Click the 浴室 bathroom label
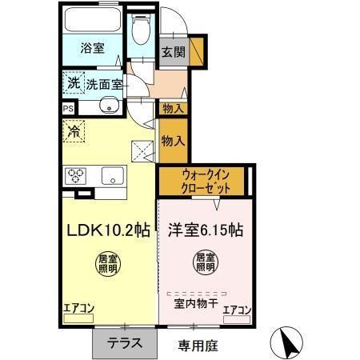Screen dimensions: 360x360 91,47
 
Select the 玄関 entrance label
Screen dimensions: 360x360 172,53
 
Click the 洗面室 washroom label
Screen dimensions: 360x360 102,82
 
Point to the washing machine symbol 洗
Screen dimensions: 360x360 73,82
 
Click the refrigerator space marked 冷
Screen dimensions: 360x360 74,129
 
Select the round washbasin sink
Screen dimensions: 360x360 108,107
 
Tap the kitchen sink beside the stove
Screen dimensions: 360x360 111,176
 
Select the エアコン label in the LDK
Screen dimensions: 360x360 78,306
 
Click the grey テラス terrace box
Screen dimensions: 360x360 126,343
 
